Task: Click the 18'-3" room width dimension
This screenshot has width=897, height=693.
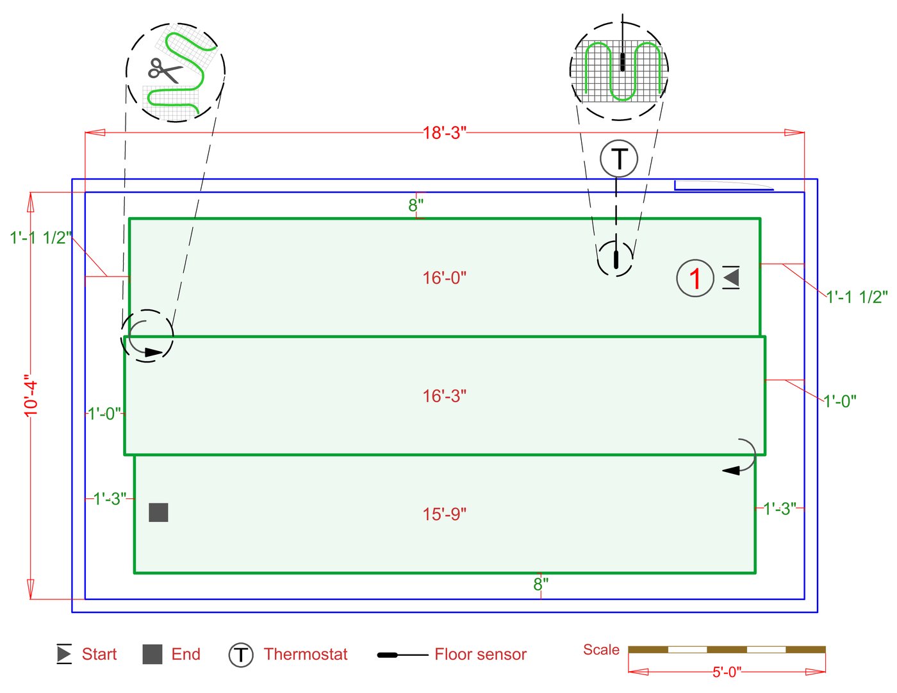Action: pos(444,133)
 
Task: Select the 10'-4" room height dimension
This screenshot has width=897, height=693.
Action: pos(31,396)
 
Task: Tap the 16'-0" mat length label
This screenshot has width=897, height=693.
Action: pos(444,278)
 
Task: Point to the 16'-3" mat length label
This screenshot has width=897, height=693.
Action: pos(444,396)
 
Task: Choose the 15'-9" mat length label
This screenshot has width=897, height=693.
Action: pos(444,514)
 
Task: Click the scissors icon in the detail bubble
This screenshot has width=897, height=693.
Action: pos(165,70)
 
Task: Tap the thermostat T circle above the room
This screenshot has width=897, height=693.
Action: pos(619,159)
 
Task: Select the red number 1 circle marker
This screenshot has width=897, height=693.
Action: pos(695,279)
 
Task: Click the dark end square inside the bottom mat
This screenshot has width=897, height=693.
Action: pos(158,512)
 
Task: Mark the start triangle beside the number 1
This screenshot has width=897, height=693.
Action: pos(730,277)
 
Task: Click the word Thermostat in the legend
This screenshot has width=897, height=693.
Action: pos(306,654)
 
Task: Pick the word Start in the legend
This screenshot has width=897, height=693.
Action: pos(99,654)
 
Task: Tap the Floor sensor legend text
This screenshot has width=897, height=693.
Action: pos(481,654)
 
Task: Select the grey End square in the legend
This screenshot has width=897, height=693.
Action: pos(152,654)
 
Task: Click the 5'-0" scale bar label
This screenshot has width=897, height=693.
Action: pos(727,672)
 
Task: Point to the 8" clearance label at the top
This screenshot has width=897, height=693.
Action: pos(416,205)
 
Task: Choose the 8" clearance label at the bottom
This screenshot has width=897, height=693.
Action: pos(541,584)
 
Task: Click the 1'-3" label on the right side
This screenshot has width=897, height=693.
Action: pos(780,509)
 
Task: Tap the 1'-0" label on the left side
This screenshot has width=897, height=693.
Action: pos(104,413)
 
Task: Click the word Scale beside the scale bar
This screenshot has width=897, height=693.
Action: pos(601,649)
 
